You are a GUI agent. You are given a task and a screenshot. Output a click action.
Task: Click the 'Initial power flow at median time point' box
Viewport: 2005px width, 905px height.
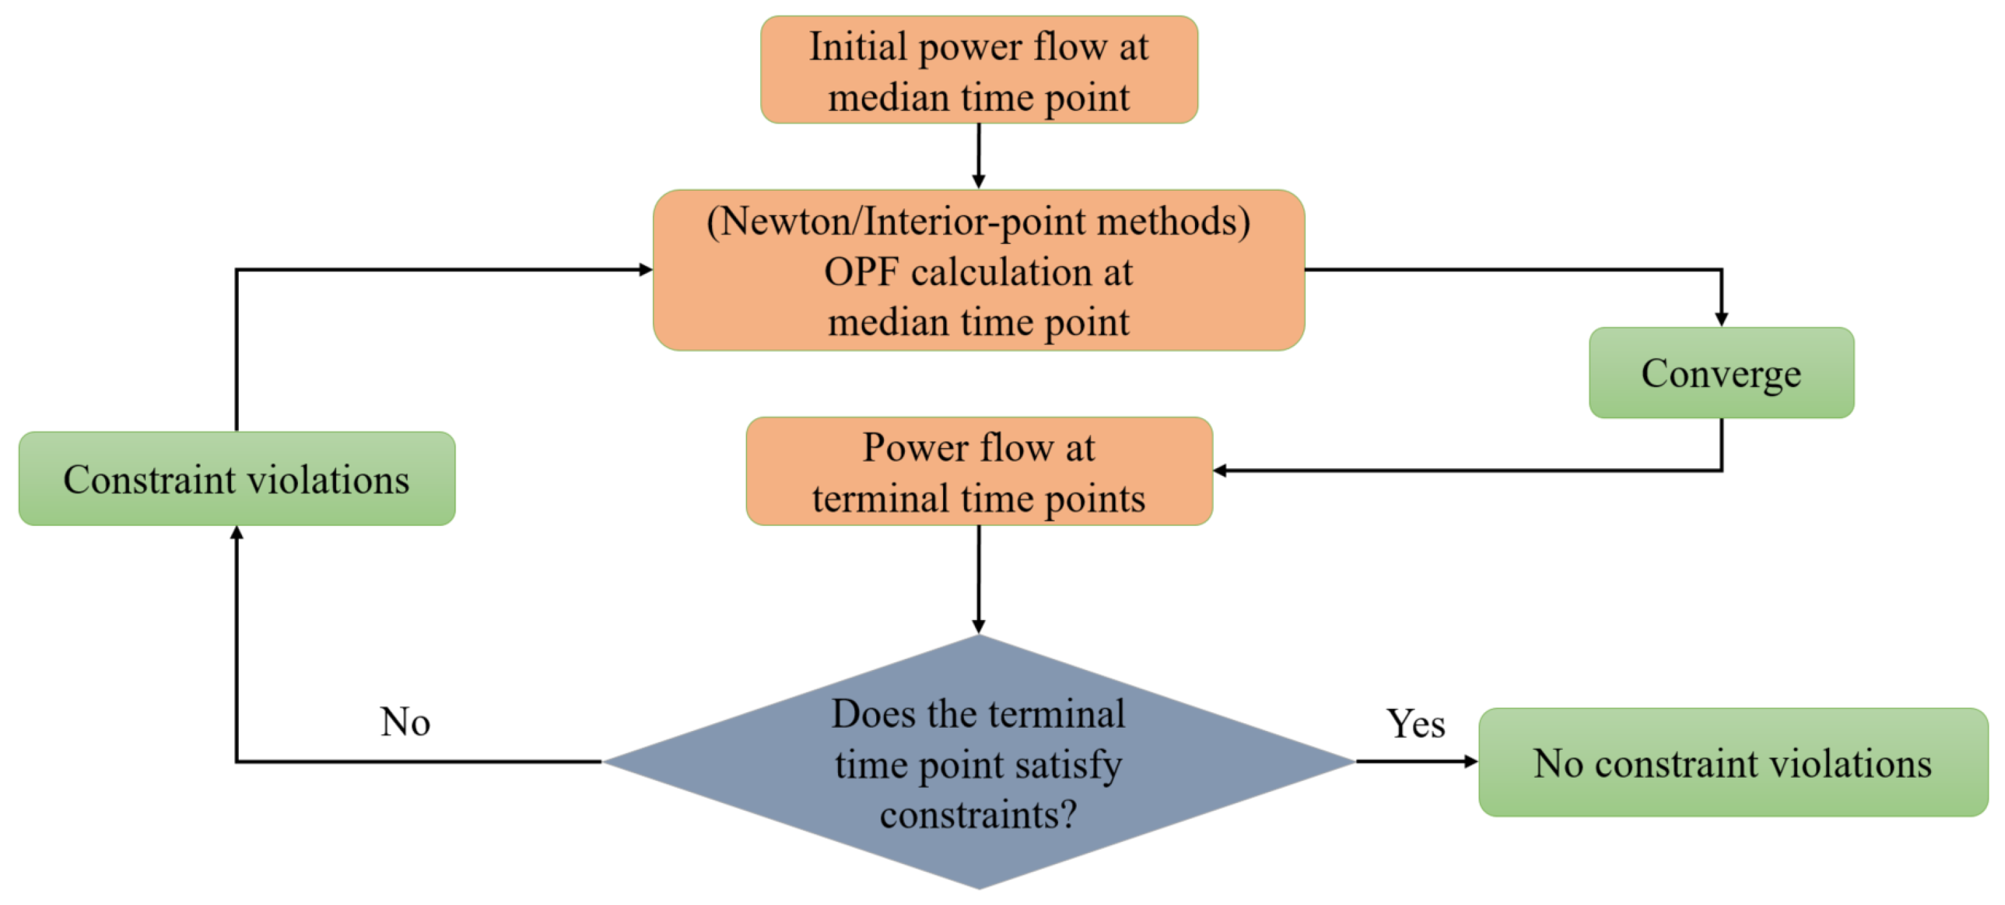978,70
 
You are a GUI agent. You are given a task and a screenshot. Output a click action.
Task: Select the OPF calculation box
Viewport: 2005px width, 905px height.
978,270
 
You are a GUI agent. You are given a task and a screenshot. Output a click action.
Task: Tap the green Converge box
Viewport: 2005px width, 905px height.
1721,373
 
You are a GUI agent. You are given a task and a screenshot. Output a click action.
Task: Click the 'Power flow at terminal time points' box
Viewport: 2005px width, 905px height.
978,471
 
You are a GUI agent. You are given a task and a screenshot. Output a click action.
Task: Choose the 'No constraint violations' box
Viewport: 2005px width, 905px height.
1732,762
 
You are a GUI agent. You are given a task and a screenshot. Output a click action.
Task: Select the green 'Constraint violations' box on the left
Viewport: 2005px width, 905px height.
237,479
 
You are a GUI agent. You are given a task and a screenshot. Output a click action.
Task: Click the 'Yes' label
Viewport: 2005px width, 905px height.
1415,725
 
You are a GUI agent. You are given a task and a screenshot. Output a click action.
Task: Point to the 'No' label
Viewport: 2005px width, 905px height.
405,722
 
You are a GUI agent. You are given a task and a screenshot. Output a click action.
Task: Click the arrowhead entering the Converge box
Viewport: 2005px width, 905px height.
1721,319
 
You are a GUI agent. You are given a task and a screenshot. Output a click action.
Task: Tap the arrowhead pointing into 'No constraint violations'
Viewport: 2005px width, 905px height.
1470,761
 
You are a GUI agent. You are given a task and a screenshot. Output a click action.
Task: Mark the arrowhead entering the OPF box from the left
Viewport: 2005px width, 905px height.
645,269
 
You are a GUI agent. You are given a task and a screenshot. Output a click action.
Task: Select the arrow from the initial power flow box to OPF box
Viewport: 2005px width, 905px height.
978,156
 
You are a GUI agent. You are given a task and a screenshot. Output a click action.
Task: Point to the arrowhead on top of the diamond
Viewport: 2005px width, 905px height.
978,626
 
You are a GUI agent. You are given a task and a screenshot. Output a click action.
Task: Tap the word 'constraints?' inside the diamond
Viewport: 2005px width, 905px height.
978,815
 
